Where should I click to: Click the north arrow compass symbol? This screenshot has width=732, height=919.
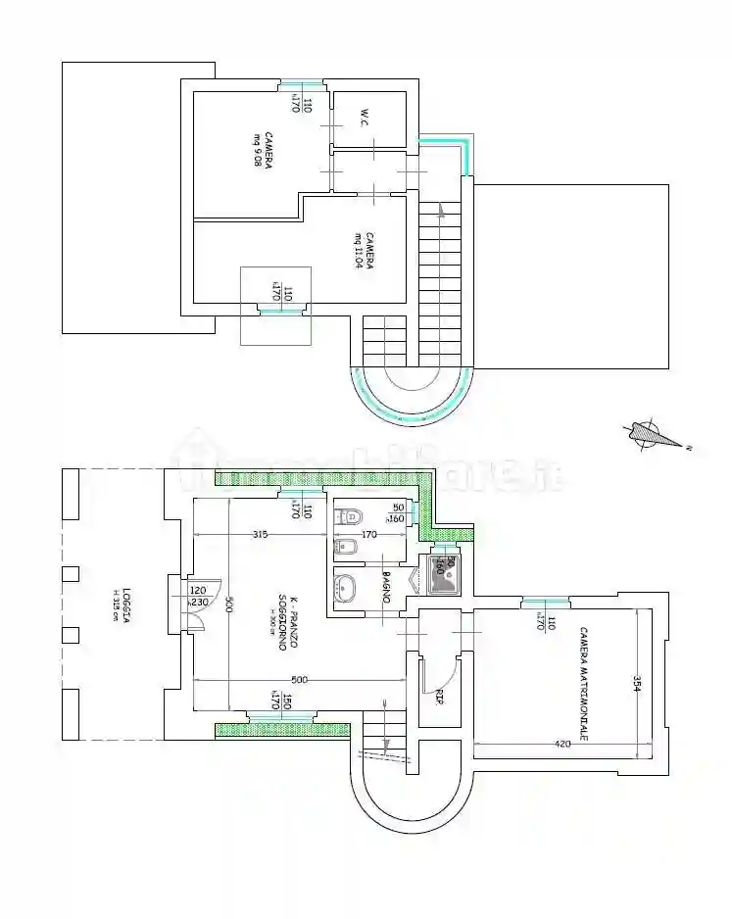[x=652, y=434]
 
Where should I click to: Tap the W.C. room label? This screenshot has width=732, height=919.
[x=364, y=118]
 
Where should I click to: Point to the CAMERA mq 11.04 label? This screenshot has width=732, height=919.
[x=365, y=250]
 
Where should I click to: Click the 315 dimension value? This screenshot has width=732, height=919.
[x=259, y=534]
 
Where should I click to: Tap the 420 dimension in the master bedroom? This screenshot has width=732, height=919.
[x=561, y=745]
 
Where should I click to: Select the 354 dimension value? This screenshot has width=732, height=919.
[x=636, y=683]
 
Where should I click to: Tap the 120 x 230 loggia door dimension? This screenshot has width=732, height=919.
[x=197, y=597]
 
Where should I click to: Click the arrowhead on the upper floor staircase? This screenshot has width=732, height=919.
[x=443, y=208]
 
